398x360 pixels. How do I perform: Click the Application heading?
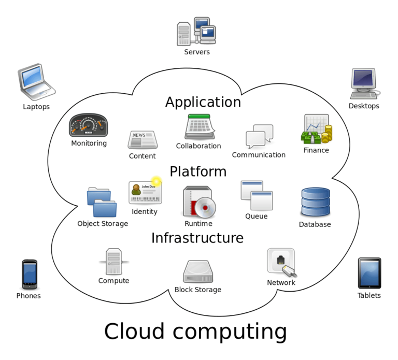point(203,102)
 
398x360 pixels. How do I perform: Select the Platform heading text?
point(198,171)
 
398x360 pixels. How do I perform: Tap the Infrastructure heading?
point(197,238)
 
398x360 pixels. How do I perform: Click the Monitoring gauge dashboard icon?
point(88,125)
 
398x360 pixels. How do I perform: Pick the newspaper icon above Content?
point(143,139)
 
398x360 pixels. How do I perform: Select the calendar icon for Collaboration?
point(200,127)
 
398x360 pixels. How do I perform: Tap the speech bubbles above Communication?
point(259,136)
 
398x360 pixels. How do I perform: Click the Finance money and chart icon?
point(316,129)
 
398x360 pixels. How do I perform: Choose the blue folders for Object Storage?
point(102,203)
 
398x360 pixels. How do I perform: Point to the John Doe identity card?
point(145,192)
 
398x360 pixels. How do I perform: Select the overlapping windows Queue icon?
point(257,195)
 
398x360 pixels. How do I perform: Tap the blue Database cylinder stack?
point(315,202)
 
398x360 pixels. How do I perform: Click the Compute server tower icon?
point(113,262)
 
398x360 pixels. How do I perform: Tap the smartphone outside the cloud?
point(30,275)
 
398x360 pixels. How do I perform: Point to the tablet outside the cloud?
point(369,273)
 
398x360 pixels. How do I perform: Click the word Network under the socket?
point(281,283)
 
